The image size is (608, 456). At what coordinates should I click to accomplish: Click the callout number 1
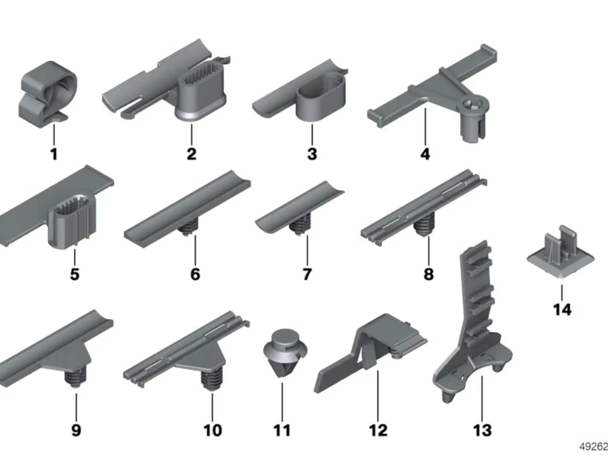[54, 154]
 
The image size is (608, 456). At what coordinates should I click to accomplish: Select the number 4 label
[425, 154]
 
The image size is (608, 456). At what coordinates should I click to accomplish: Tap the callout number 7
[307, 274]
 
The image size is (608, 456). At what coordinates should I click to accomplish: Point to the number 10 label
[212, 430]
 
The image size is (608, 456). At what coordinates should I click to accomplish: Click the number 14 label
[562, 309]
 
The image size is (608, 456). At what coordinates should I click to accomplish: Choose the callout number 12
[378, 430]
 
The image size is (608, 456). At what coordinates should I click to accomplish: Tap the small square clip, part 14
[561, 251]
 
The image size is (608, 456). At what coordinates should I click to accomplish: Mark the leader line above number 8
[429, 251]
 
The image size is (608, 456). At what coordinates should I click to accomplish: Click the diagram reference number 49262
[593, 446]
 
